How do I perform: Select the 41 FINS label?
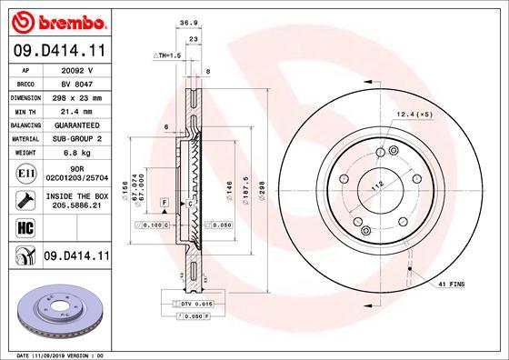(x=450, y=285)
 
